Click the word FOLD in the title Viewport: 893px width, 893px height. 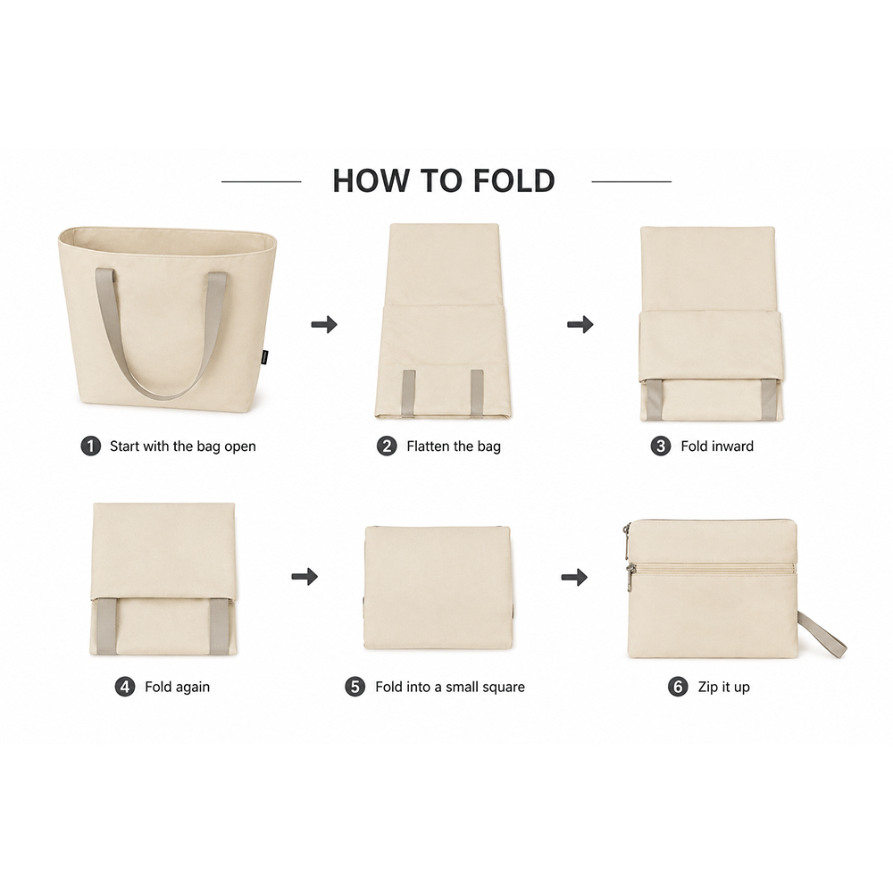(x=513, y=180)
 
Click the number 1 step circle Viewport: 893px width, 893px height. (x=90, y=446)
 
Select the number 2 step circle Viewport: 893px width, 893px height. (x=387, y=446)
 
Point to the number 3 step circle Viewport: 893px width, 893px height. (x=661, y=446)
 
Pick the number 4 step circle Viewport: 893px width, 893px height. (x=125, y=687)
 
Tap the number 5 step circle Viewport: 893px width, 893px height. (x=355, y=687)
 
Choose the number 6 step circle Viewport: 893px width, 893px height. (x=678, y=687)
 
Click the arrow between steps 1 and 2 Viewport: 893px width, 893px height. (x=324, y=325)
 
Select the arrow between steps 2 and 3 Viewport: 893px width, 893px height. (x=580, y=325)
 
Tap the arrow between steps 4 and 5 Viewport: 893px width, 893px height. (x=305, y=576)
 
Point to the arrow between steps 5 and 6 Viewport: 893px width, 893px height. (x=574, y=577)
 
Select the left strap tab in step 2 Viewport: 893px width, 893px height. (x=409, y=394)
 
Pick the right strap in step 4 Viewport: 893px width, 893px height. (x=220, y=627)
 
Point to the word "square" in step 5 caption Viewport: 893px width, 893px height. (x=505, y=688)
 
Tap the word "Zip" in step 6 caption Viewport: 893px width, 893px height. (x=708, y=688)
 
